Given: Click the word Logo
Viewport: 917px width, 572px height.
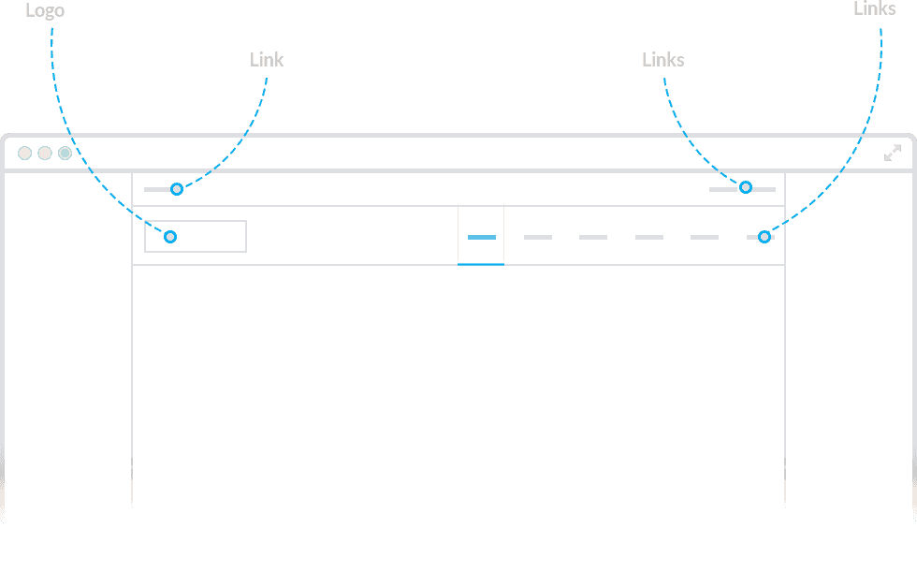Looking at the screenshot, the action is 45,10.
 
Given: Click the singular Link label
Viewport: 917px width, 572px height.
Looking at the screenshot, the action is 267,60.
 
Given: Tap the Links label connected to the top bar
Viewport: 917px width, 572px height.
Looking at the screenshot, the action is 663,60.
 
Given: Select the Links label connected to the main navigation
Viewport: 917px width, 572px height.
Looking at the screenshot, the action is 875,8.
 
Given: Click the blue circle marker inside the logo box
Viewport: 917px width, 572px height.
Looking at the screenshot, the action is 170,237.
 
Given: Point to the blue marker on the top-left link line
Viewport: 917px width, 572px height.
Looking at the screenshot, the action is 177,189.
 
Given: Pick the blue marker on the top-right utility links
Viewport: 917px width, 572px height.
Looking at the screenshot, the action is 746,187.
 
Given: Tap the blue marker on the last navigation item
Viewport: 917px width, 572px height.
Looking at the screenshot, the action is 764,237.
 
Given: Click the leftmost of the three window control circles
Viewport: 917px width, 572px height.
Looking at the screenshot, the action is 24,154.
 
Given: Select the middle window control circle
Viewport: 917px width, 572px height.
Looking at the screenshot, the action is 45,154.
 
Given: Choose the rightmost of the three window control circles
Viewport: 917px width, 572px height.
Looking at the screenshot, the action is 65,154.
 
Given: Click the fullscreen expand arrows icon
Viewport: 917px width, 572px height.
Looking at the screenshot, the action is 893,154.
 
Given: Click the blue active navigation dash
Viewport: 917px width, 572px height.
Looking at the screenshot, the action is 482,237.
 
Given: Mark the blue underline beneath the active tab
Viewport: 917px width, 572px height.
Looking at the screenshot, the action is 481,264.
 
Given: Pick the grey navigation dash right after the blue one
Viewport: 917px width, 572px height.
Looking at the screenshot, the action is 538,237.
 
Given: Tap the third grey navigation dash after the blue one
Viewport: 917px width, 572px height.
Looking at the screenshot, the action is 649,237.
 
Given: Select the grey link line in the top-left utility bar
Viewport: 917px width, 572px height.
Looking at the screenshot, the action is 157,189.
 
